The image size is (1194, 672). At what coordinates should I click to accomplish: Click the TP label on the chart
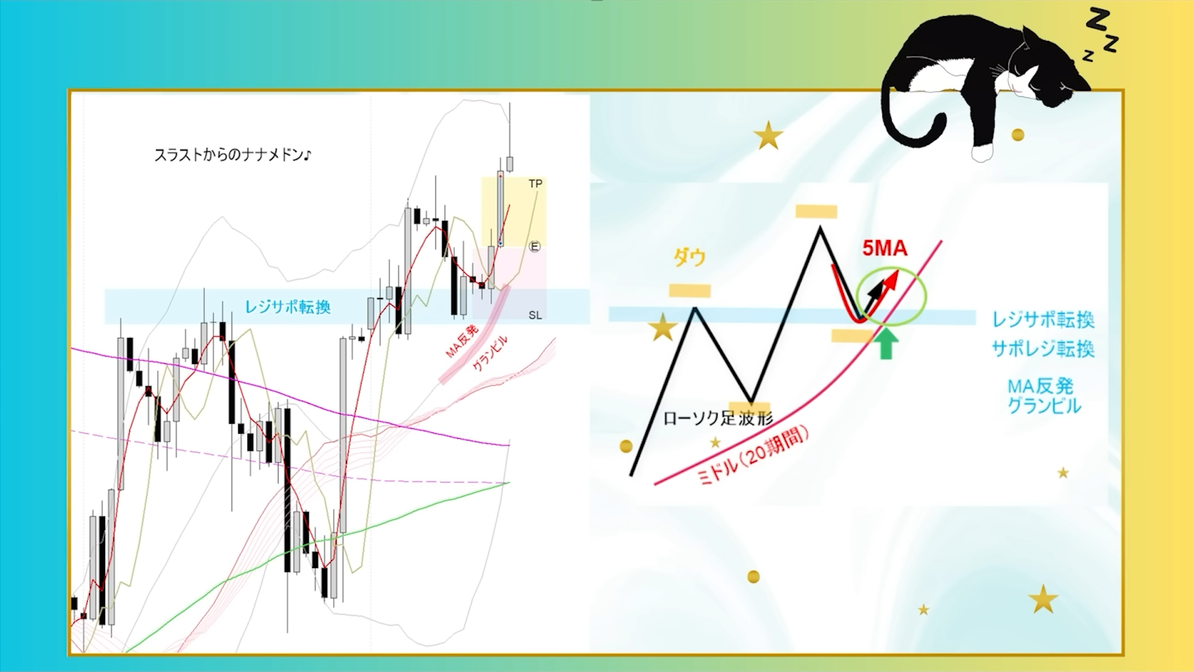[535, 184]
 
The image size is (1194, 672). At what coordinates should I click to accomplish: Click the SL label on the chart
[535, 315]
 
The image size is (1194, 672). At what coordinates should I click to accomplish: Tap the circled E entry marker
[534, 247]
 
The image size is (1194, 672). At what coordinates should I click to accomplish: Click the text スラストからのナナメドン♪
[233, 155]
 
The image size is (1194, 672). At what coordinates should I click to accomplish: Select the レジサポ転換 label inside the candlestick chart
[288, 307]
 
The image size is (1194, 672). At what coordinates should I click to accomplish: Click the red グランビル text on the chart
[490, 353]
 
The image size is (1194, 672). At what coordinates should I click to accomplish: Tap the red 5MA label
[884, 248]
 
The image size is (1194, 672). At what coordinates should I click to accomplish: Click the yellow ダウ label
[690, 257]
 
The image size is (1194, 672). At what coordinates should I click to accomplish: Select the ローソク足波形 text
[718, 418]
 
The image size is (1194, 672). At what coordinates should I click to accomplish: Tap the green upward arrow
[886, 344]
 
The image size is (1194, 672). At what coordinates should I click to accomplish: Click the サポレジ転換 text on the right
[1043, 349]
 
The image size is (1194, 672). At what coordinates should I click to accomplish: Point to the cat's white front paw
[982, 152]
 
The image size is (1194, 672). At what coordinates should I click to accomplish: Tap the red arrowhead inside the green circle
[892, 278]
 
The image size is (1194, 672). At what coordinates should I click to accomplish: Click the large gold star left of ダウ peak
[663, 327]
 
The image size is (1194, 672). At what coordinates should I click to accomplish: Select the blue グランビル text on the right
[1044, 406]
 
